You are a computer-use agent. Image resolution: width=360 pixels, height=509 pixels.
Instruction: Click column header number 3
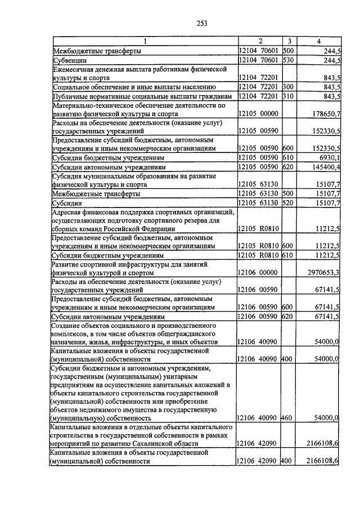[289, 41]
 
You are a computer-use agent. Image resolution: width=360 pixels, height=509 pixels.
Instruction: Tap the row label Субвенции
[67, 60]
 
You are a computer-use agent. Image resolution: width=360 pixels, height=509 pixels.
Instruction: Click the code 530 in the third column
[289, 60]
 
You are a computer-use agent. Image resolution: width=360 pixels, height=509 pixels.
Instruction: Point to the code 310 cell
[289, 96]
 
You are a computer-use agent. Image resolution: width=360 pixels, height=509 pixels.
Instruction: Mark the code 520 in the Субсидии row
[289, 202]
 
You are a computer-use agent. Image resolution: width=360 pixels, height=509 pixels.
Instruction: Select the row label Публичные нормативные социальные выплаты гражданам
[142, 96]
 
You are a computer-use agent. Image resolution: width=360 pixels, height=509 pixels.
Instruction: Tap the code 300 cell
[289, 87]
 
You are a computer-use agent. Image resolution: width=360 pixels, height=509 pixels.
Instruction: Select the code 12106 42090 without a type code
[258, 444]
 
